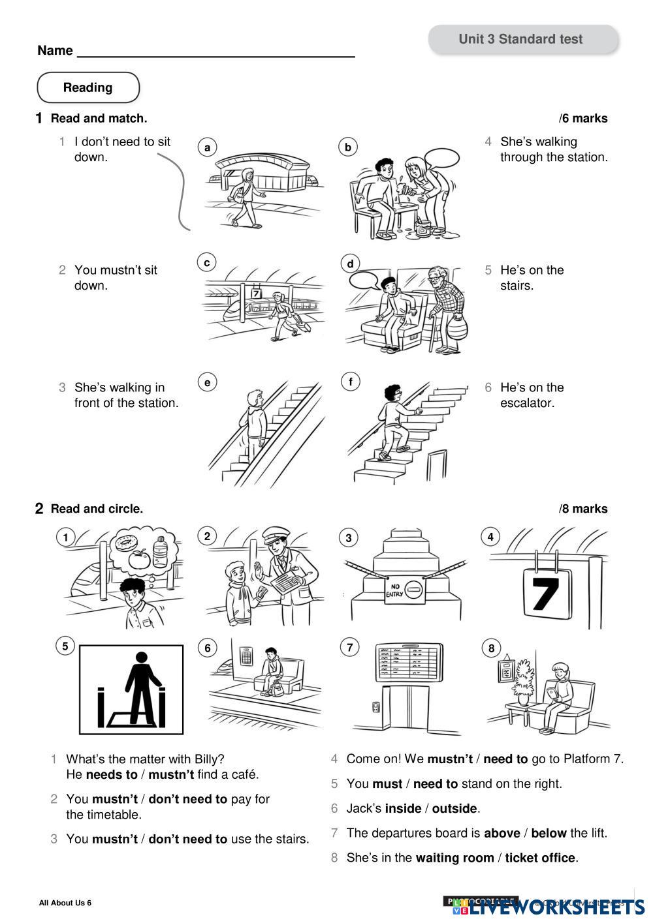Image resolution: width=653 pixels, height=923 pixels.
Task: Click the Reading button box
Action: point(88,87)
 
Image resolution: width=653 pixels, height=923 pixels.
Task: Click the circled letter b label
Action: point(348,147)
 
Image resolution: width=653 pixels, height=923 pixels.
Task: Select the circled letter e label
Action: point(207,382)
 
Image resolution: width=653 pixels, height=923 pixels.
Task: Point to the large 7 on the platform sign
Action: point(544,594)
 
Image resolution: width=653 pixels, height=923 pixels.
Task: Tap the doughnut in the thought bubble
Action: point(123,543)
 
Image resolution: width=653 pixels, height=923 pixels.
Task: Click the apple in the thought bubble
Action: point(139,560)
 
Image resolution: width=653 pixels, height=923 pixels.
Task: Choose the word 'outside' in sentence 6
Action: point(454,809)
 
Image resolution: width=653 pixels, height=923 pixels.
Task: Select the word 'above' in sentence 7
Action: point(502,833)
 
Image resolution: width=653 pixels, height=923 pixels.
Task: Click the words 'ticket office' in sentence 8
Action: point(540,858)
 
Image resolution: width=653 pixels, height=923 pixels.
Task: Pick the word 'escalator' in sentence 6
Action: point(527,403)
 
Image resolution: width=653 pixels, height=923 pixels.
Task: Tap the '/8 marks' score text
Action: point(583,509)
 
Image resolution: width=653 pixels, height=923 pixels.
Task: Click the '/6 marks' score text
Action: point(583,119)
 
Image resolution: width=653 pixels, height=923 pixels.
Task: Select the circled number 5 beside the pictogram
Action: point(65,646)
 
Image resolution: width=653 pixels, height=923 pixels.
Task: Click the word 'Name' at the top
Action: point(55,51)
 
